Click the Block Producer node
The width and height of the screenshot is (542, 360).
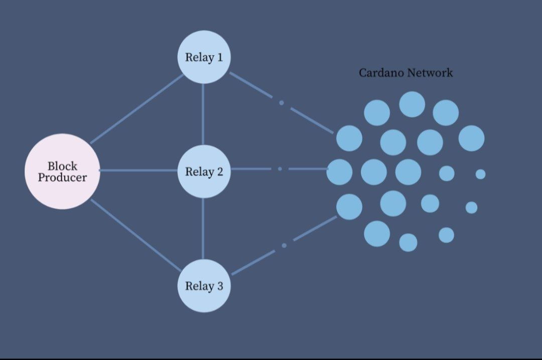tap(62, 171)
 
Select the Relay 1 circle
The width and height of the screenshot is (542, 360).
tap(204, 57)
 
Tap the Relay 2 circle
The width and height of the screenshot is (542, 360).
tap(204, 171)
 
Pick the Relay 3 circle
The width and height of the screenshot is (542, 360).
tap(204, 286)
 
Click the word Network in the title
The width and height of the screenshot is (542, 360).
tap(430, 73)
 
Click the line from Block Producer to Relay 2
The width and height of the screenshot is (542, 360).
tap(138, 170)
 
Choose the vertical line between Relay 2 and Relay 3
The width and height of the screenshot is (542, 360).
tap(203, 228)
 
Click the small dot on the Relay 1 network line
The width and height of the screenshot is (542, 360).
tap(282, 103)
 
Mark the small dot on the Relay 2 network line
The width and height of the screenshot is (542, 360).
tap(280, 169)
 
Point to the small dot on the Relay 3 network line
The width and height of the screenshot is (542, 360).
tap(284, 245)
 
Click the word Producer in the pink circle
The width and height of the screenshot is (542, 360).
tap(62, 177)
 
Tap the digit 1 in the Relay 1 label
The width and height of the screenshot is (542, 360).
tap(219, 57)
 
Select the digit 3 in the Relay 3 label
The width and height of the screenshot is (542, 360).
tap(219, 286)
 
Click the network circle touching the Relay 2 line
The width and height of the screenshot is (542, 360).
tap(339, 172)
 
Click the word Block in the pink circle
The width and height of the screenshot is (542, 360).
tap(62, 166)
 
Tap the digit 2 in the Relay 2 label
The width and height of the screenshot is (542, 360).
tap(219, 172)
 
